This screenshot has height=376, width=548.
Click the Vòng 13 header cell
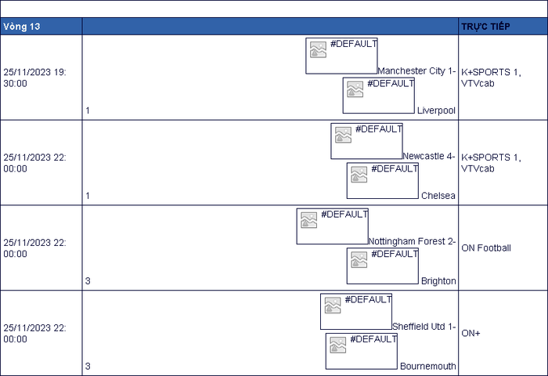click(x=41, y=27)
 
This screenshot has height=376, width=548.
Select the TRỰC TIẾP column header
click(x=503, y=27)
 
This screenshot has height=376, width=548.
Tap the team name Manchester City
click(x=411, y=71)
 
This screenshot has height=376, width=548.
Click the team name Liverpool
click(x=436, y=110)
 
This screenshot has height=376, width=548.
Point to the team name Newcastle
click(x=424, y=156)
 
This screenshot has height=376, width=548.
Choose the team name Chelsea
click(x=438, y=196)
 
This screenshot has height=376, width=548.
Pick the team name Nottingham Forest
click(x=407, y=241)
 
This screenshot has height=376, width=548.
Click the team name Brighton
click(x=438, y=281)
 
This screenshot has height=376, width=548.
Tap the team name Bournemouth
click(x=427, y=366)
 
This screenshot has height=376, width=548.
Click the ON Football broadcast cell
click(x=503, y=248)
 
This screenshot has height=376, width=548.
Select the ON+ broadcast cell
click(x=503, y=334)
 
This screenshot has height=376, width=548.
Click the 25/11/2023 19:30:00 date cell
click(x=41, y=78)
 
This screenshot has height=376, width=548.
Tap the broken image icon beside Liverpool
click(x=355, y=89)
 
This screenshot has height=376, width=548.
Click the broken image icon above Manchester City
click(x=318, y=49)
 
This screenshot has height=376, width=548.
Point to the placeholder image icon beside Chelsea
click(x=359, y=175)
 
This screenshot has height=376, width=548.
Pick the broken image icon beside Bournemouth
click(x=338, y=345)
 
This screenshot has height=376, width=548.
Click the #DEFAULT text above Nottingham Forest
click(x=344, y=214)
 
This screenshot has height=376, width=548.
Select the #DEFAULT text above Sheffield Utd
click(x=368, y=299)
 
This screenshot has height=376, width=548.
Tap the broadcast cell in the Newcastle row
click(x=503, y=163)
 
